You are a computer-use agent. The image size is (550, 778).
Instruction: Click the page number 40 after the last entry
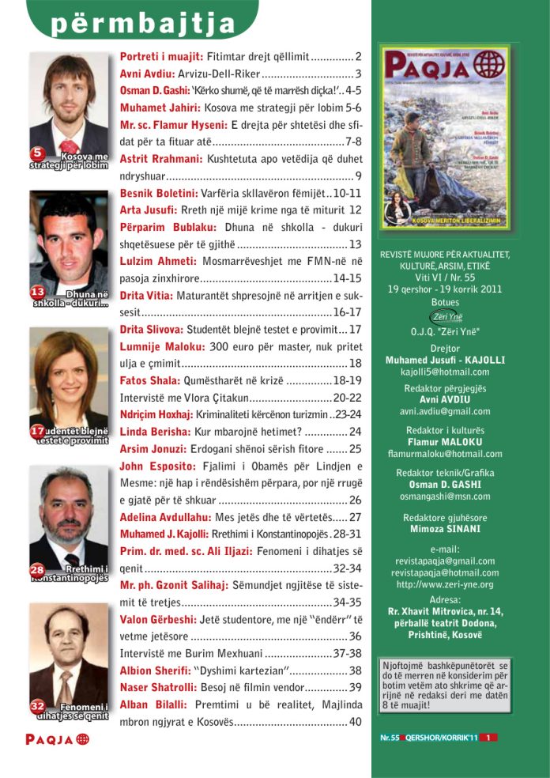point(355,721)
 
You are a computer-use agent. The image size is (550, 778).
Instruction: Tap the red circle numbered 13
point(38,293)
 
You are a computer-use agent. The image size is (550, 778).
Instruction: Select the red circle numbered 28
point(38,568)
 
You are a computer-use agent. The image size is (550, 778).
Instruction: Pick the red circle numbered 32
point(38,704)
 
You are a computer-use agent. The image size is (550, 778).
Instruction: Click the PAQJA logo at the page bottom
point(57,740)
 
